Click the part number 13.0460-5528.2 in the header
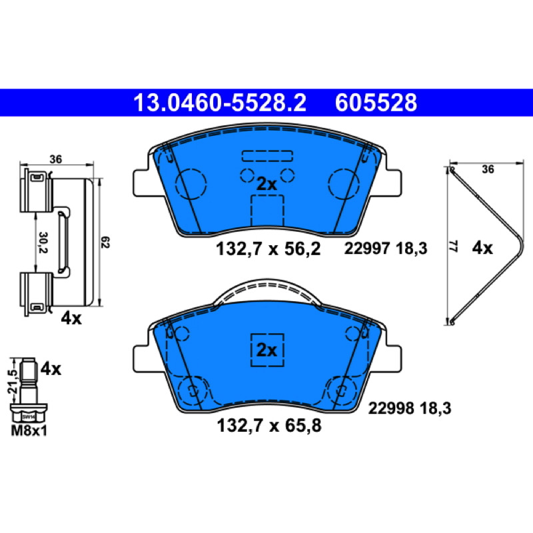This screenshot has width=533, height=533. click(220, 103)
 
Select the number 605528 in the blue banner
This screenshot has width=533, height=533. click(376, 103)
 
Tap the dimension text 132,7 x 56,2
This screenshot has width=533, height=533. click(268, 249)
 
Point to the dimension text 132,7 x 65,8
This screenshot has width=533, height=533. click(269, 425)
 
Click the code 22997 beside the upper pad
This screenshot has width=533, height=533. click(366, 248)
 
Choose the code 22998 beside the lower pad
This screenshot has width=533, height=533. click(391, 408)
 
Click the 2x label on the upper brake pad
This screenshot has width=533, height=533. click(266, 185)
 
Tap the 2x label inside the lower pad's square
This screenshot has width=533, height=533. click(267, 350)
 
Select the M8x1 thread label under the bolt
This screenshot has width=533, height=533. click(29, 430)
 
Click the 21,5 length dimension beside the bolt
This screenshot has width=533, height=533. click(13, 380)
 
